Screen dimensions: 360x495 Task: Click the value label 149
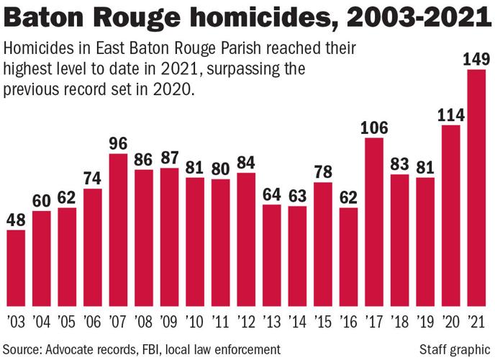point(477,59)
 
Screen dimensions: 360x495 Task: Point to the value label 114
point(451,114)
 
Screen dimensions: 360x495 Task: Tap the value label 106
point(374,127)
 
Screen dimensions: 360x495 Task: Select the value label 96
point(118,143)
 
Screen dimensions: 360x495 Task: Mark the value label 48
point(16,220)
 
